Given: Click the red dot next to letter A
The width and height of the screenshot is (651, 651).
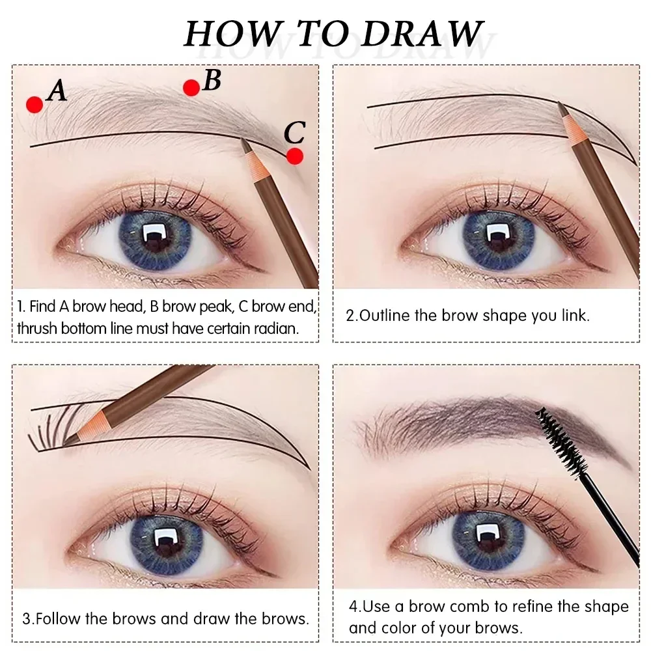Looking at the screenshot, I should (35, 104).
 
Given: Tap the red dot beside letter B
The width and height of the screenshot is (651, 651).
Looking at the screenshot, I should (191, 87).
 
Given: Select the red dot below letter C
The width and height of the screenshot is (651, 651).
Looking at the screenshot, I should (295, 156).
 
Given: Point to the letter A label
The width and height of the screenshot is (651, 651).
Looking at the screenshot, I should (57, 90).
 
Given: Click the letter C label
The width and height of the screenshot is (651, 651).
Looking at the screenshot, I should (295, 133).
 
